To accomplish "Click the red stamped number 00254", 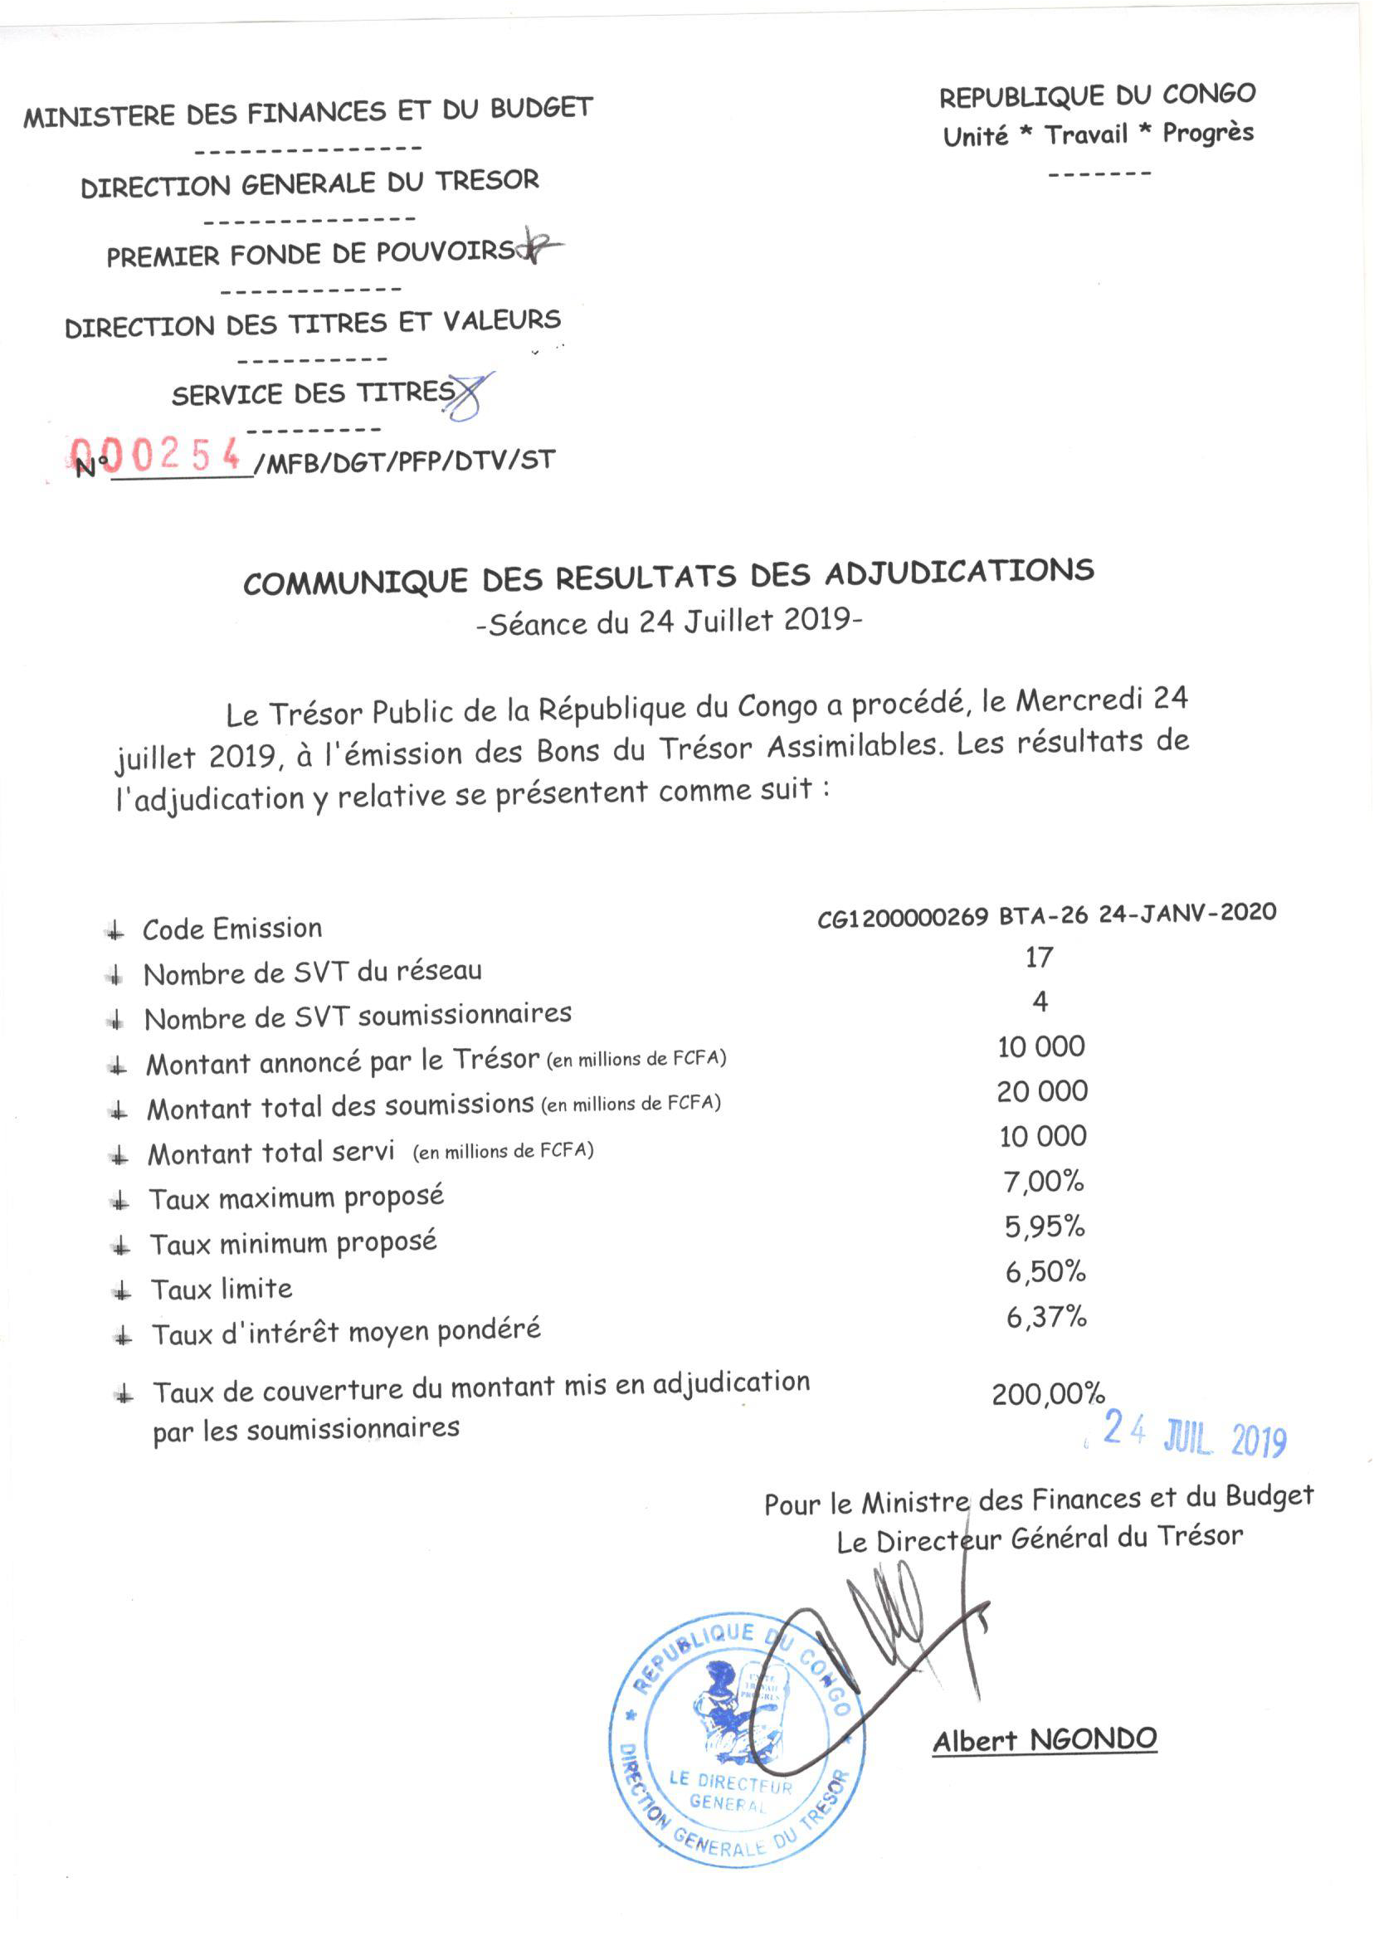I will tap(157, 456).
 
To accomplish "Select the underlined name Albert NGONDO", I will tap(1045, 1739).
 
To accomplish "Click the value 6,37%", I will tap(1045, 1317).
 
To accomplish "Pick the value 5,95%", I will tap(1045, 1226).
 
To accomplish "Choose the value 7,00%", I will tap(1044, 1181).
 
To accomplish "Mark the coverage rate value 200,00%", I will tap(1048, 1393).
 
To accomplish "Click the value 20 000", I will tap(1042, 1091).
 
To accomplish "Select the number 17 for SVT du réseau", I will tap(1039, 957).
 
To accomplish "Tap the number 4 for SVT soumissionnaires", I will tap(1040, 1002).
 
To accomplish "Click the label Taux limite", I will tap(222, 1290).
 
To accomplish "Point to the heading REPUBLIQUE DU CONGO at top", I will tap(1098, 95).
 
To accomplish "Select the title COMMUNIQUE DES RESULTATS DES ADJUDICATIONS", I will tap(669, 576).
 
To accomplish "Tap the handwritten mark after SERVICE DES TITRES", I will tap(468, 396).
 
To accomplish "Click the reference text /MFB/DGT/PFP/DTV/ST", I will tap(405, 462).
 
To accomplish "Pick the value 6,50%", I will tap(1045, 1271).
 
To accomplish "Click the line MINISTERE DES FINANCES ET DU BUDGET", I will tap(308, 112).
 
